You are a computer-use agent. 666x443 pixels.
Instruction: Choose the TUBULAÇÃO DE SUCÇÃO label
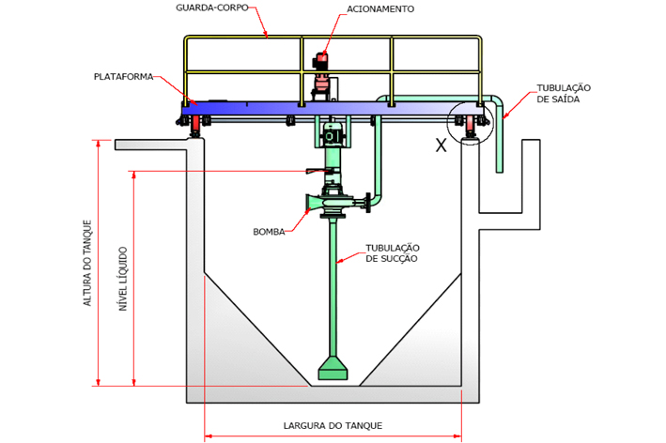pyautogui.click(x=392, y=253)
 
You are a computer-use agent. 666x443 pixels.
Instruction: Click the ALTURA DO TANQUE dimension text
pyautogui.click(x=87, y=263)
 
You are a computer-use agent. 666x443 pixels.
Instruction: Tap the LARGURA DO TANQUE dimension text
pyautogui.click(x=333, y=425)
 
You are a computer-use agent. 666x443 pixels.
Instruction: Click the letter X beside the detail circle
pyautogui.click(x=441, y=145)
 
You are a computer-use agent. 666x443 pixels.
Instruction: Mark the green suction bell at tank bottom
pyautogui.click(x=333, y=369)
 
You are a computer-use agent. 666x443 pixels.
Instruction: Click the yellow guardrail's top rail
pyautogui.click(x=333, y=38)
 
